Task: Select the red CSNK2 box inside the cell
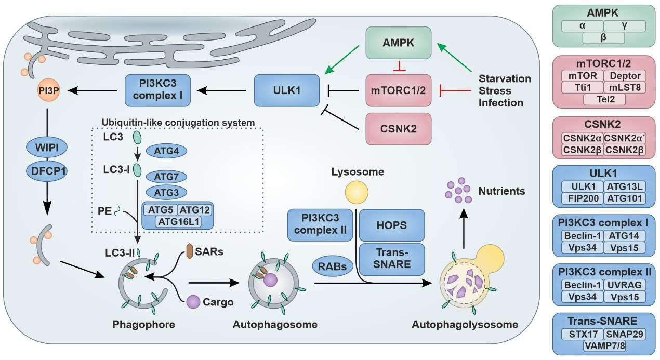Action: click(398, 129)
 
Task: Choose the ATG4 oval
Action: click(167, 151)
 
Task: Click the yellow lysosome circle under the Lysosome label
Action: click(360, 194)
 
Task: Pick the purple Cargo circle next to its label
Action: click(193, 302)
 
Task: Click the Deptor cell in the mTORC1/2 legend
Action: click(625, 76)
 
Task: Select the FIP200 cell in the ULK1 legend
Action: click(583, 198)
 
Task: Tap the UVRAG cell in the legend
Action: click(625, 285)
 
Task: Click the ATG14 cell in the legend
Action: click(625, 235)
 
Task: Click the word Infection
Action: click(500, 102)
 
